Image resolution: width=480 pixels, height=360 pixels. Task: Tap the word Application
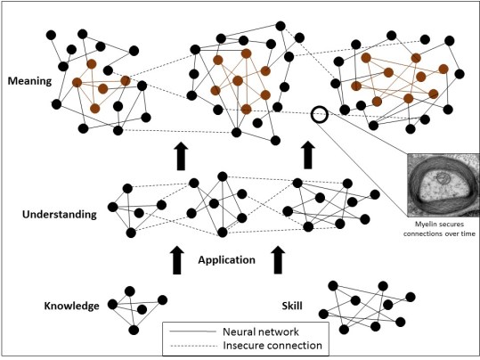click(228, 260)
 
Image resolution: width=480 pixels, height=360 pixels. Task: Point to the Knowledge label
click(71, 307)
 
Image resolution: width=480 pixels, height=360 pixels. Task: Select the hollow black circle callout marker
click(320, 115)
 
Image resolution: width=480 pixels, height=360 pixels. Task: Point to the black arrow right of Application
click(279, 260)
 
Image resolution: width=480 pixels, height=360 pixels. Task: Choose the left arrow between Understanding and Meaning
click(181, 154)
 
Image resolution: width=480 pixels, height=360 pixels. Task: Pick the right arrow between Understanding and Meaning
click(308, 154)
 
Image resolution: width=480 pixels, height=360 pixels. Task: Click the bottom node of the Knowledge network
click(134, 330)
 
